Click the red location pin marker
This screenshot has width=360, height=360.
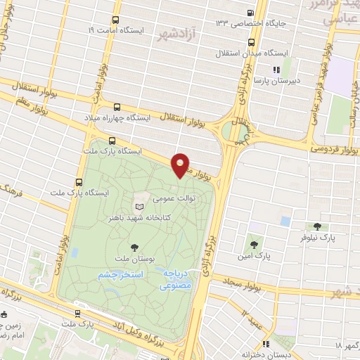pos(181,165)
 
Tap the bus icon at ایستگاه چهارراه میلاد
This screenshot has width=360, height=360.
pos(116,108)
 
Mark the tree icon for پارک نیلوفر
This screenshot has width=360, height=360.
pos(317,227)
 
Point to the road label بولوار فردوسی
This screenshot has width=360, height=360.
pos(334,148)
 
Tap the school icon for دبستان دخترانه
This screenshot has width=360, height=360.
pos(266,344)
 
